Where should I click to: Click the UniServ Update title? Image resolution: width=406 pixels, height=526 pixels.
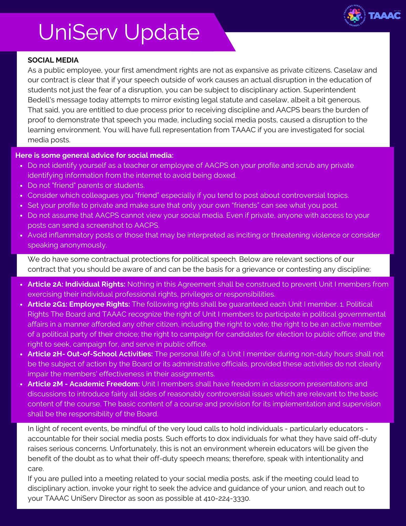[119, 32]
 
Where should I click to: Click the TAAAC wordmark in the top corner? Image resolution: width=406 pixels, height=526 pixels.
[385, 16]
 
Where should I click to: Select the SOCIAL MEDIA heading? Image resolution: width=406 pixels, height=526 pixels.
[53, 60]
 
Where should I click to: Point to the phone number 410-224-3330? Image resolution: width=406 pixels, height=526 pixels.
[227, 498]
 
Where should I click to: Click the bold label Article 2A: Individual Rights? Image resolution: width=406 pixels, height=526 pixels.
[76, 284]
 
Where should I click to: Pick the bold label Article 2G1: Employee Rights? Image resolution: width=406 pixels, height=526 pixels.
[79, 304]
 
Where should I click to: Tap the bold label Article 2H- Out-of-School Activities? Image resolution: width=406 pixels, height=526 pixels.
[90, 354]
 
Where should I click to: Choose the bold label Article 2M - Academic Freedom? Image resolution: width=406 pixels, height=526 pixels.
[84, 384]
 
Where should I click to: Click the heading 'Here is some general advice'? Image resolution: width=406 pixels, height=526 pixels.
[94, 155]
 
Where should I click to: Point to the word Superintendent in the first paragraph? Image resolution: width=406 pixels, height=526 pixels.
[330, 90]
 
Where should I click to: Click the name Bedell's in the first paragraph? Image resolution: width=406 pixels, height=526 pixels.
[40, 100]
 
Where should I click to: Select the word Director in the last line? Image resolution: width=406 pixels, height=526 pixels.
[113, 498]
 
